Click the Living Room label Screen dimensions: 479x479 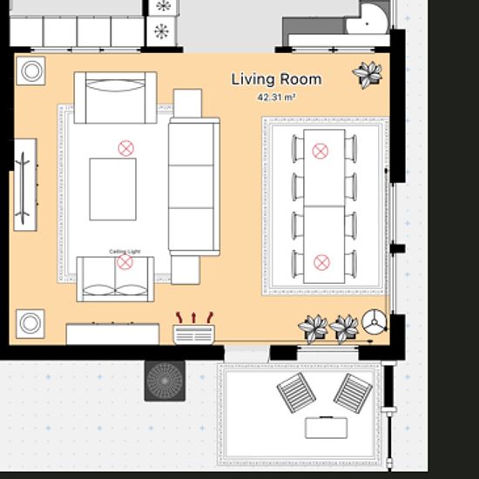point(276,79)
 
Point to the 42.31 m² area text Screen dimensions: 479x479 point(276,98)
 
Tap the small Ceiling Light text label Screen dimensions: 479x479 point(125,252)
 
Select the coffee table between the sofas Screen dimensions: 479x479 point(112,189)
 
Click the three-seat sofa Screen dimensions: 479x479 point(194,186)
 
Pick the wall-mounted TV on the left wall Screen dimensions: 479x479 point(25,185)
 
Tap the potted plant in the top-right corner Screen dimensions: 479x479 point(368,75)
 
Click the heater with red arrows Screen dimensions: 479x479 point(193,329)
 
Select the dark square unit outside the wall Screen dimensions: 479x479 point(165,381)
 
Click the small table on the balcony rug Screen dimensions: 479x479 point(326,428)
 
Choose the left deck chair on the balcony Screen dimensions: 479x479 point(296,393)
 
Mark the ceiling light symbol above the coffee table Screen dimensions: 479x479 point(126,148)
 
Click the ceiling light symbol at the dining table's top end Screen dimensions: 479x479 point(320,152)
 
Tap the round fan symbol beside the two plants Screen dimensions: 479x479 point(374,322)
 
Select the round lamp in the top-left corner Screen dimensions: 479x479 point(31,71)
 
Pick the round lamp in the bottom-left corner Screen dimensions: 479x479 point(30,324)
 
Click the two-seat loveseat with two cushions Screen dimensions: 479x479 point(116,280)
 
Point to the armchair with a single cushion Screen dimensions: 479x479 point(116,98)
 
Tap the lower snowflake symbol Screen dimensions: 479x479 point(161,31)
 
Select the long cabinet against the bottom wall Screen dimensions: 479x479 point(112,334)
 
